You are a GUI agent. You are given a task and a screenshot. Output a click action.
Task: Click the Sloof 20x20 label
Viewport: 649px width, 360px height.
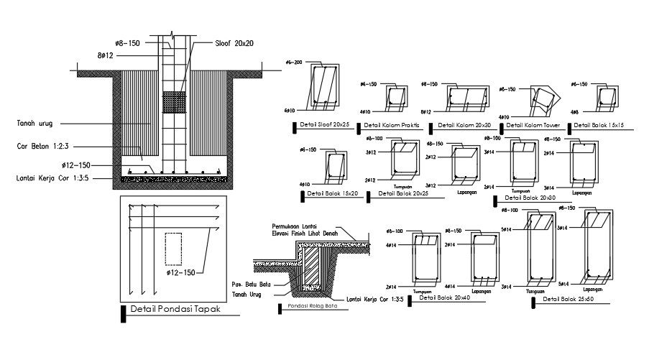(x=234, y=44)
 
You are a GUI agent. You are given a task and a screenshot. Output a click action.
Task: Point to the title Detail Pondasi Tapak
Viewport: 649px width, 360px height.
(x=175, y=310)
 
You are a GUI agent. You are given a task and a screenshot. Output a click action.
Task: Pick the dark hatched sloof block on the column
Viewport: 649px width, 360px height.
(x=172, y=102)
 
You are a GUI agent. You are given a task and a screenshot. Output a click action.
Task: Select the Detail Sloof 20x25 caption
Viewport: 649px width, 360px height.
(x=324, y=125)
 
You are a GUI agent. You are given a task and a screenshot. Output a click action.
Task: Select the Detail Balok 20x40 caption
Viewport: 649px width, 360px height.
(x=444, y=297)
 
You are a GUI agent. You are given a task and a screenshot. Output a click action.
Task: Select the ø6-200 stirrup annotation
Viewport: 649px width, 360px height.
(x=293, y=63)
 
